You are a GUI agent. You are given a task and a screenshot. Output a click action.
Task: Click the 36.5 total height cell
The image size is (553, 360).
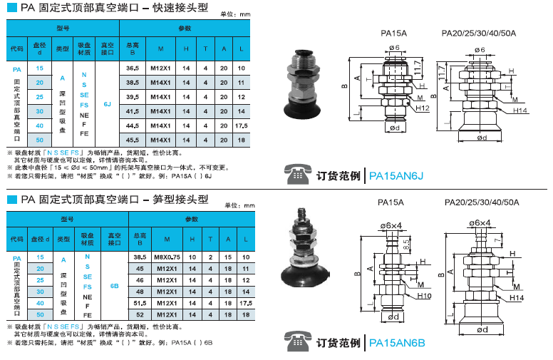[132, 68]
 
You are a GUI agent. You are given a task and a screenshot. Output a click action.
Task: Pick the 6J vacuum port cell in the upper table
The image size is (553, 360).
[108, 104]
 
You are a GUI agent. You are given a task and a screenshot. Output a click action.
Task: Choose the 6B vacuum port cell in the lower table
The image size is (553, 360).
[114, 286]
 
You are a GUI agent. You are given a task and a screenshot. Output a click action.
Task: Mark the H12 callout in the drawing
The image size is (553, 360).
[421, 108]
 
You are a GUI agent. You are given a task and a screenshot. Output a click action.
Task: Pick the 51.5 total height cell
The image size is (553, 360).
[140, 303]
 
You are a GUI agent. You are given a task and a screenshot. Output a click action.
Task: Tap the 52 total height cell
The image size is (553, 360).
[140, 314]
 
